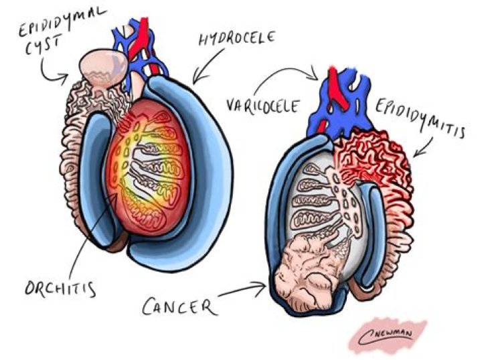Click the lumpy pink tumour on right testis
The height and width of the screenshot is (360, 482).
coord(311,274)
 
